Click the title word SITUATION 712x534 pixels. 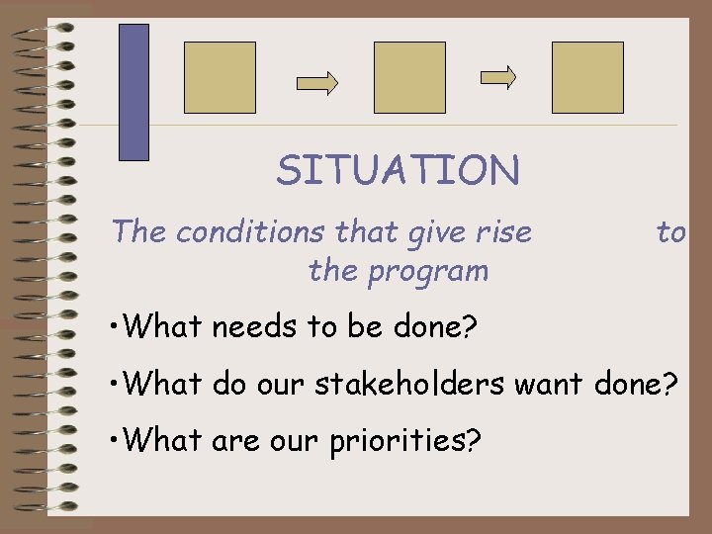(x=398, y=170)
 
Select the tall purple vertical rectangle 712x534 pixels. (x=133, y=92)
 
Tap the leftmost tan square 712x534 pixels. (x=220, y=77)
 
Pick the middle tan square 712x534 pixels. (x=409, y=77)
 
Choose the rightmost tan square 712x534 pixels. (x=587, y=77)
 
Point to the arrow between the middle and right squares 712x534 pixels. (x=497, y=77)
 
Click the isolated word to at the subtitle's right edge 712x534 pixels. (x=670, y=232)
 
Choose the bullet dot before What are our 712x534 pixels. (x=117, y=437)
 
